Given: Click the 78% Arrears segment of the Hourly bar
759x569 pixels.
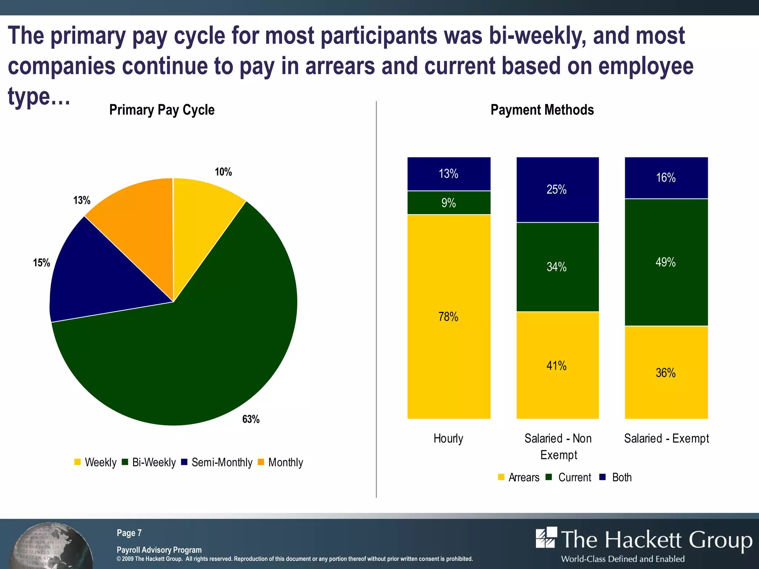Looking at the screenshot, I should point(448,317).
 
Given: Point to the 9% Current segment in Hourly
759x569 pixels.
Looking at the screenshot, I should point(448,203).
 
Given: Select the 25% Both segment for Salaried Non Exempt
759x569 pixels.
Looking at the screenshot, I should point(557,190).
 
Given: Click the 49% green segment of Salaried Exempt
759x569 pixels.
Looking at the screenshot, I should point(666,262).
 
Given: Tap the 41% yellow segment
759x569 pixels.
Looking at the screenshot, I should point(557,366).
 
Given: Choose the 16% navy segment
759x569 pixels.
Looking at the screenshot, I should point(666,178).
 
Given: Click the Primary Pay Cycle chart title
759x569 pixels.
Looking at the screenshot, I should point(162,110).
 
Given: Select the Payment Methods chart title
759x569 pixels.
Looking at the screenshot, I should point(542,110).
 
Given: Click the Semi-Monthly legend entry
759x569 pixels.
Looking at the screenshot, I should point(217,462).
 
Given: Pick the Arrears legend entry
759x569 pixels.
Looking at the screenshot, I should point(519,477).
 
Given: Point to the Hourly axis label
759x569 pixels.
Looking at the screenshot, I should point(448,438).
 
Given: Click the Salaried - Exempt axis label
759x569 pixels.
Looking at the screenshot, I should point(666,438).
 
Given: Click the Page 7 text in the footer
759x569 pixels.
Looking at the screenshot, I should point(129,533).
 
